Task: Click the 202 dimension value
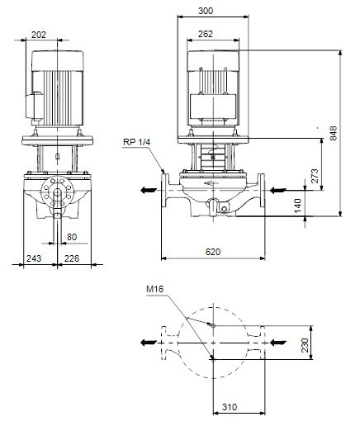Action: pos(39,35)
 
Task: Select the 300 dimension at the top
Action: pos(206,11)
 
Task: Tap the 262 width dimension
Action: pos(206,34)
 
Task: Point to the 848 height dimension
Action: pos(334,133)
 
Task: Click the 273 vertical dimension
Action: pos(315,176)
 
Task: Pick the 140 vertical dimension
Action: pos(298,206)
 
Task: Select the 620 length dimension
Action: pos(213,252)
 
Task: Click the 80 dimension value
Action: pos(72,237)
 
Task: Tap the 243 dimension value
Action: pos(34,258)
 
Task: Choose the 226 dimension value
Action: pos(72,258)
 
